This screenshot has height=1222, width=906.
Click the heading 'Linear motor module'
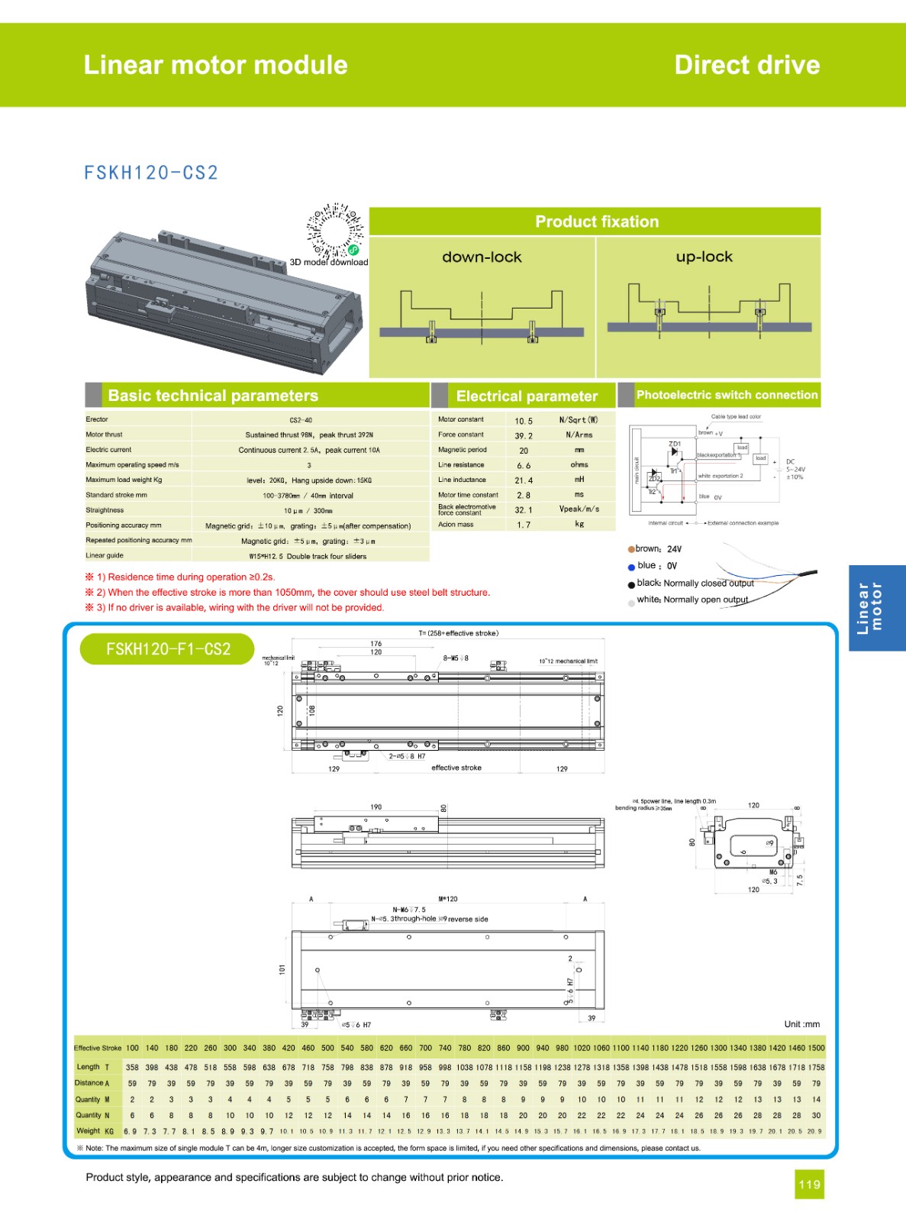click(215, 65)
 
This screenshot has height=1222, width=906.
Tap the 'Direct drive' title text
click(746, 65)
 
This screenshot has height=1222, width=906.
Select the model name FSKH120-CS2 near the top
click(151, 173)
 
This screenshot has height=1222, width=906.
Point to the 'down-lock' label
click(482, 257)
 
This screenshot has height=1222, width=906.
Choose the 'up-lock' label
click(704, 257)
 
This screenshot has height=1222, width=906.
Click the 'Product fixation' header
click(596, 221)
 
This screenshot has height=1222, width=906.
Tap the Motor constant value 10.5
click(524, 421)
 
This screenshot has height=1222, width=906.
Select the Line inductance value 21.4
click(524, 480)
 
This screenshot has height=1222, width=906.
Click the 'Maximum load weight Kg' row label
click(124, 480)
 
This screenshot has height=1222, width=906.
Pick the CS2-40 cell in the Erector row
click(301, 420)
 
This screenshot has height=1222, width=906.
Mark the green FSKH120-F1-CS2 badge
click(168, 649)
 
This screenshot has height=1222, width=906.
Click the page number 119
click(809, 1185)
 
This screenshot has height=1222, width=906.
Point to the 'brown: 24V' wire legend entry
click(656, 548)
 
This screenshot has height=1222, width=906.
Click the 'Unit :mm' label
click(801, 1024)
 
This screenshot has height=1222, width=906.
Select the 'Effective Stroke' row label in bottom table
click(98, 1048)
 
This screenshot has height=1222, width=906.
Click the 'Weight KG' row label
click(95, 1131)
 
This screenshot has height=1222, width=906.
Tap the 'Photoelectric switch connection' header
click(727, 395)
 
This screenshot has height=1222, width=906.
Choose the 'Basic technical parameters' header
click(213, 396)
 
